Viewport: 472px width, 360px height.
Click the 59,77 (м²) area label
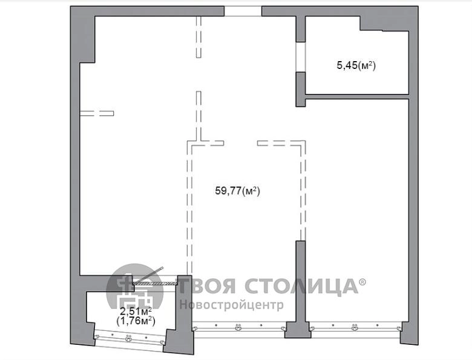point(237,191)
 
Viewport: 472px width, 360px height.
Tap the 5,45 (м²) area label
point(356,65)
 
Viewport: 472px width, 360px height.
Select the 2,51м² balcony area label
point(136,311)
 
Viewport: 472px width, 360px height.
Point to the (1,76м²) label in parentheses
point(136,321)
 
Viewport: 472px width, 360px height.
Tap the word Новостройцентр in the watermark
point(232,305)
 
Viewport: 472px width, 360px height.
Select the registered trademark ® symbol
point(362,282)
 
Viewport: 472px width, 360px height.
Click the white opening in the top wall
point(243,11)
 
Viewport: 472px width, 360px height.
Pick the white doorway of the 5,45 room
point(300,57)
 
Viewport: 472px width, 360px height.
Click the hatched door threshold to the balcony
point(155,283)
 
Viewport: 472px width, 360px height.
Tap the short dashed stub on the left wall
point(97,113)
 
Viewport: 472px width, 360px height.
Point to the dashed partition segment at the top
point(198,37)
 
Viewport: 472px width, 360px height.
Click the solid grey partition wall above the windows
point(301,281)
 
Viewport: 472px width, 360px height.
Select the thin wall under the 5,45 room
point(357,97)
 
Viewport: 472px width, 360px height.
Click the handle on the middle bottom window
point(238,327)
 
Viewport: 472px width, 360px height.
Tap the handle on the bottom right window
point(355,327)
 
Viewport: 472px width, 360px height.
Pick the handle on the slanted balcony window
point(128,339)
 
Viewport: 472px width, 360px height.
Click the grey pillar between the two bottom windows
point(298,330)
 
